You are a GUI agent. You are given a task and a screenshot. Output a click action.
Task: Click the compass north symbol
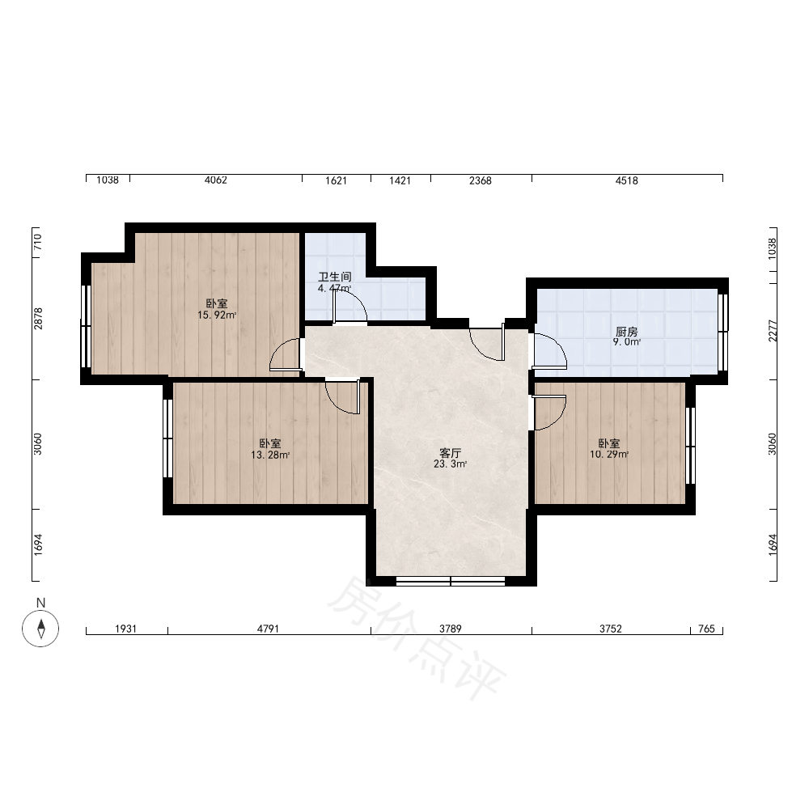point(40,628)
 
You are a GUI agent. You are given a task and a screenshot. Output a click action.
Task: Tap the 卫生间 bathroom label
point(335,277)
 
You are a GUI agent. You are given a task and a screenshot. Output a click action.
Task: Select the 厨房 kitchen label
point(626,332)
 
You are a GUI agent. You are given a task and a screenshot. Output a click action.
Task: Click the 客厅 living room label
point(450,453)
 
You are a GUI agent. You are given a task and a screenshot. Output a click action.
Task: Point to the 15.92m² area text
point(217,316)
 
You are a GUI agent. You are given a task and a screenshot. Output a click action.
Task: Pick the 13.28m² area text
point(270,455)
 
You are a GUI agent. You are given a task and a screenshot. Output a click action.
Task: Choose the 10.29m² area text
point(609,455)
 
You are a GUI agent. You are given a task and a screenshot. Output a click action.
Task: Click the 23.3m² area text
point(450,464)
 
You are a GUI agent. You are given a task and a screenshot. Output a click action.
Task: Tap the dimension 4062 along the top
point(216,180)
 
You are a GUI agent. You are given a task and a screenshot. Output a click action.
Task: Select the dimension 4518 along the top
point(626,180)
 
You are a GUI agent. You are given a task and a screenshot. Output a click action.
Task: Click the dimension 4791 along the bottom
point(268,629)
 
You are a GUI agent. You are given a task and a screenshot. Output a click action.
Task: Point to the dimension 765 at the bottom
point(706,629)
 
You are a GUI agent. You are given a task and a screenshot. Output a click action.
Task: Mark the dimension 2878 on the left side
point(38,319)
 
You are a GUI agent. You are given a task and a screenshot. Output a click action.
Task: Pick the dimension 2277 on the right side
point(772,331)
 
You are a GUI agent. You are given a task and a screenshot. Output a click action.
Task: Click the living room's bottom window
point(451,582)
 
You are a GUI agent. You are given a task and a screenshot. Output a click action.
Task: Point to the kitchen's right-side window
point(722,332)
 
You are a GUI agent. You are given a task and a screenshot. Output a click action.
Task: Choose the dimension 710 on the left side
point(38,242)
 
